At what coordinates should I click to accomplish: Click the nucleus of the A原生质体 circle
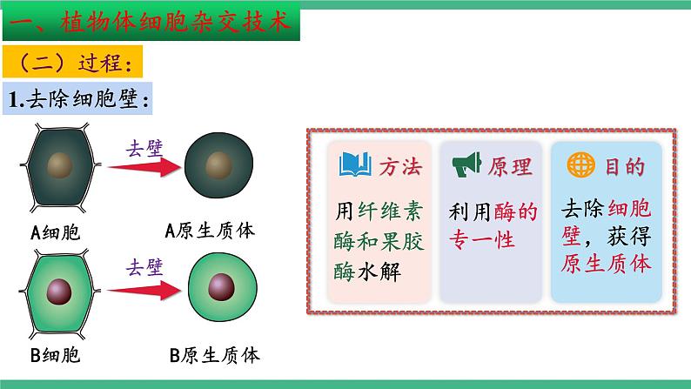tap(215, 164)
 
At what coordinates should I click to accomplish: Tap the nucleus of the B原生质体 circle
tap(222, 286)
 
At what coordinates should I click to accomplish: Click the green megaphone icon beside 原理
tap(464, 163)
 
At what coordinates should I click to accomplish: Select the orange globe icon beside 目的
tap(577, 164)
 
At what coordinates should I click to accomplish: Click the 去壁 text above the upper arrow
tap(145, 146)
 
